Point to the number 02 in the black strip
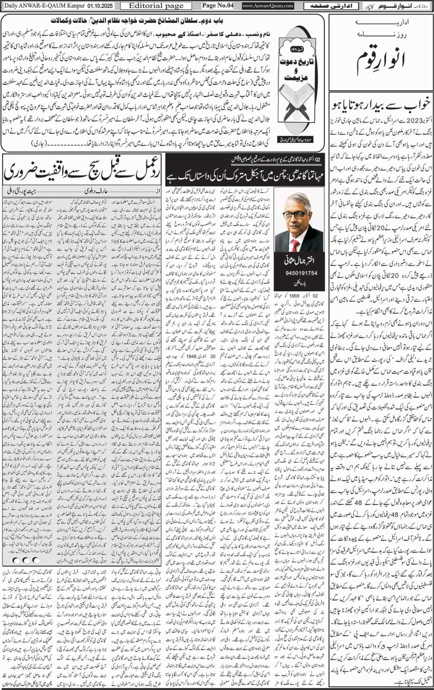click(317, 159)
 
